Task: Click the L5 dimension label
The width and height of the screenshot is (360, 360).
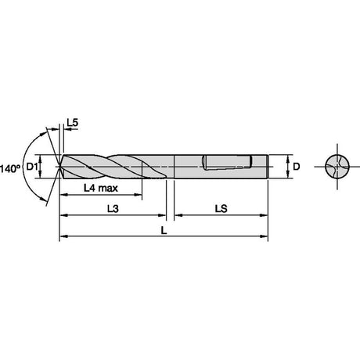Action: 73,122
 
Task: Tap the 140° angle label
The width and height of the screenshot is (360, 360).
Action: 10,169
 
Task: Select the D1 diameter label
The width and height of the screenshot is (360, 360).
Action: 32,167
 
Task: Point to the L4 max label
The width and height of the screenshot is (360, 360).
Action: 101,188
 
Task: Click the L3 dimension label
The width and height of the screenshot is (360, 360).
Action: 113,208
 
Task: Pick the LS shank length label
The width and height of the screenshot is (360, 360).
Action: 221,208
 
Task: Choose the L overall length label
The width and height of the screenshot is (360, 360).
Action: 164,230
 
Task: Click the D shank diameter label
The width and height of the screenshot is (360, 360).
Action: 297,167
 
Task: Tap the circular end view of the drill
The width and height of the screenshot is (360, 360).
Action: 337,167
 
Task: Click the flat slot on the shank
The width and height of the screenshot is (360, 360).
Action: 227,163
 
